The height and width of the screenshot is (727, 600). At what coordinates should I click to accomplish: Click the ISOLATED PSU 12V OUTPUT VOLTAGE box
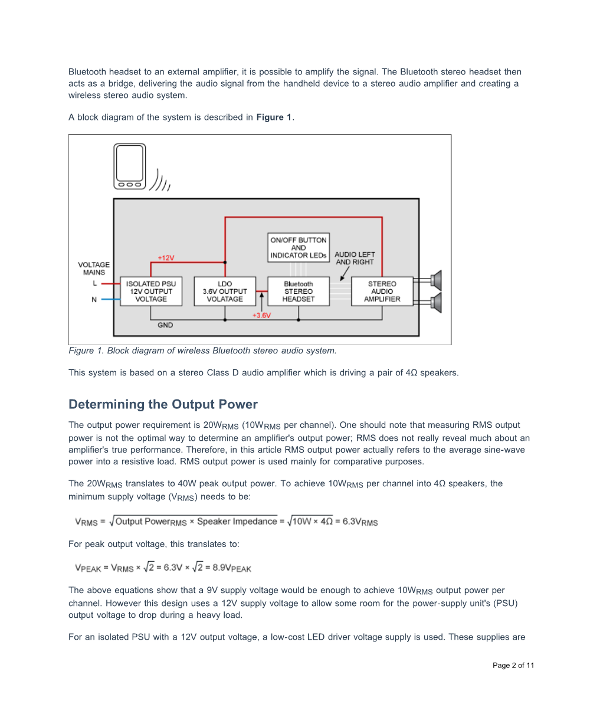coord(150,292)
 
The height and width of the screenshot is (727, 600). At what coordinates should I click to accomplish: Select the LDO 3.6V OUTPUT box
coord(225,292)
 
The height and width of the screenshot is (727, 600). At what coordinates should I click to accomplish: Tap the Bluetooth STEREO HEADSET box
coord(298,292)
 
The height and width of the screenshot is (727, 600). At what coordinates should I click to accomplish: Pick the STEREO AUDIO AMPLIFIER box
coord(382,292)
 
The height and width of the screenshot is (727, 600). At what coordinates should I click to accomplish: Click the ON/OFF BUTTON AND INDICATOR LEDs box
coord(299,248)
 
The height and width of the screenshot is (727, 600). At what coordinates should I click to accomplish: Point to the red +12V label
coord(166,258)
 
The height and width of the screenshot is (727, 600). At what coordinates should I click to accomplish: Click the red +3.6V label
coord(261,316)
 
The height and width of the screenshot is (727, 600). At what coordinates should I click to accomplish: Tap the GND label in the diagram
coord(165,325)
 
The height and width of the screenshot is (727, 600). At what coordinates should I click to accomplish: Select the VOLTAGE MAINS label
coord(94,268)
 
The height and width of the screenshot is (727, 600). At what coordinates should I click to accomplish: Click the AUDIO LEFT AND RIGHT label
coord(355,258)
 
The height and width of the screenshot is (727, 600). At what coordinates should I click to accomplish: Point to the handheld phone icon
coord(130,167)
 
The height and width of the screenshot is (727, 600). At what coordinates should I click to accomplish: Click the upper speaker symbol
coord(436,280)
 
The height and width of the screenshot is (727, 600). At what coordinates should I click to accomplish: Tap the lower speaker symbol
coord(436,302)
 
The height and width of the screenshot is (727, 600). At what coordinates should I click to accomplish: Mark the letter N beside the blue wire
coord(94,300)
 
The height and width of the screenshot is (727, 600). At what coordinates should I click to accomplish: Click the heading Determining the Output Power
coord(163,405)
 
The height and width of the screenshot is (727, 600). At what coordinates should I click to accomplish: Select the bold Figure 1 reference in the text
coord(274,117)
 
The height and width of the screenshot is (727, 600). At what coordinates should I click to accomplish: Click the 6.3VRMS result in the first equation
coord(360,522)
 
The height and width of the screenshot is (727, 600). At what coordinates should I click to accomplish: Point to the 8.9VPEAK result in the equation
coord(232,568)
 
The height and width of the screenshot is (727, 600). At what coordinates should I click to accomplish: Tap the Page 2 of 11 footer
coord(513,666)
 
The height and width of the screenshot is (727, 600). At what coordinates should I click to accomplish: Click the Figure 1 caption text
coord(202,351)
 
